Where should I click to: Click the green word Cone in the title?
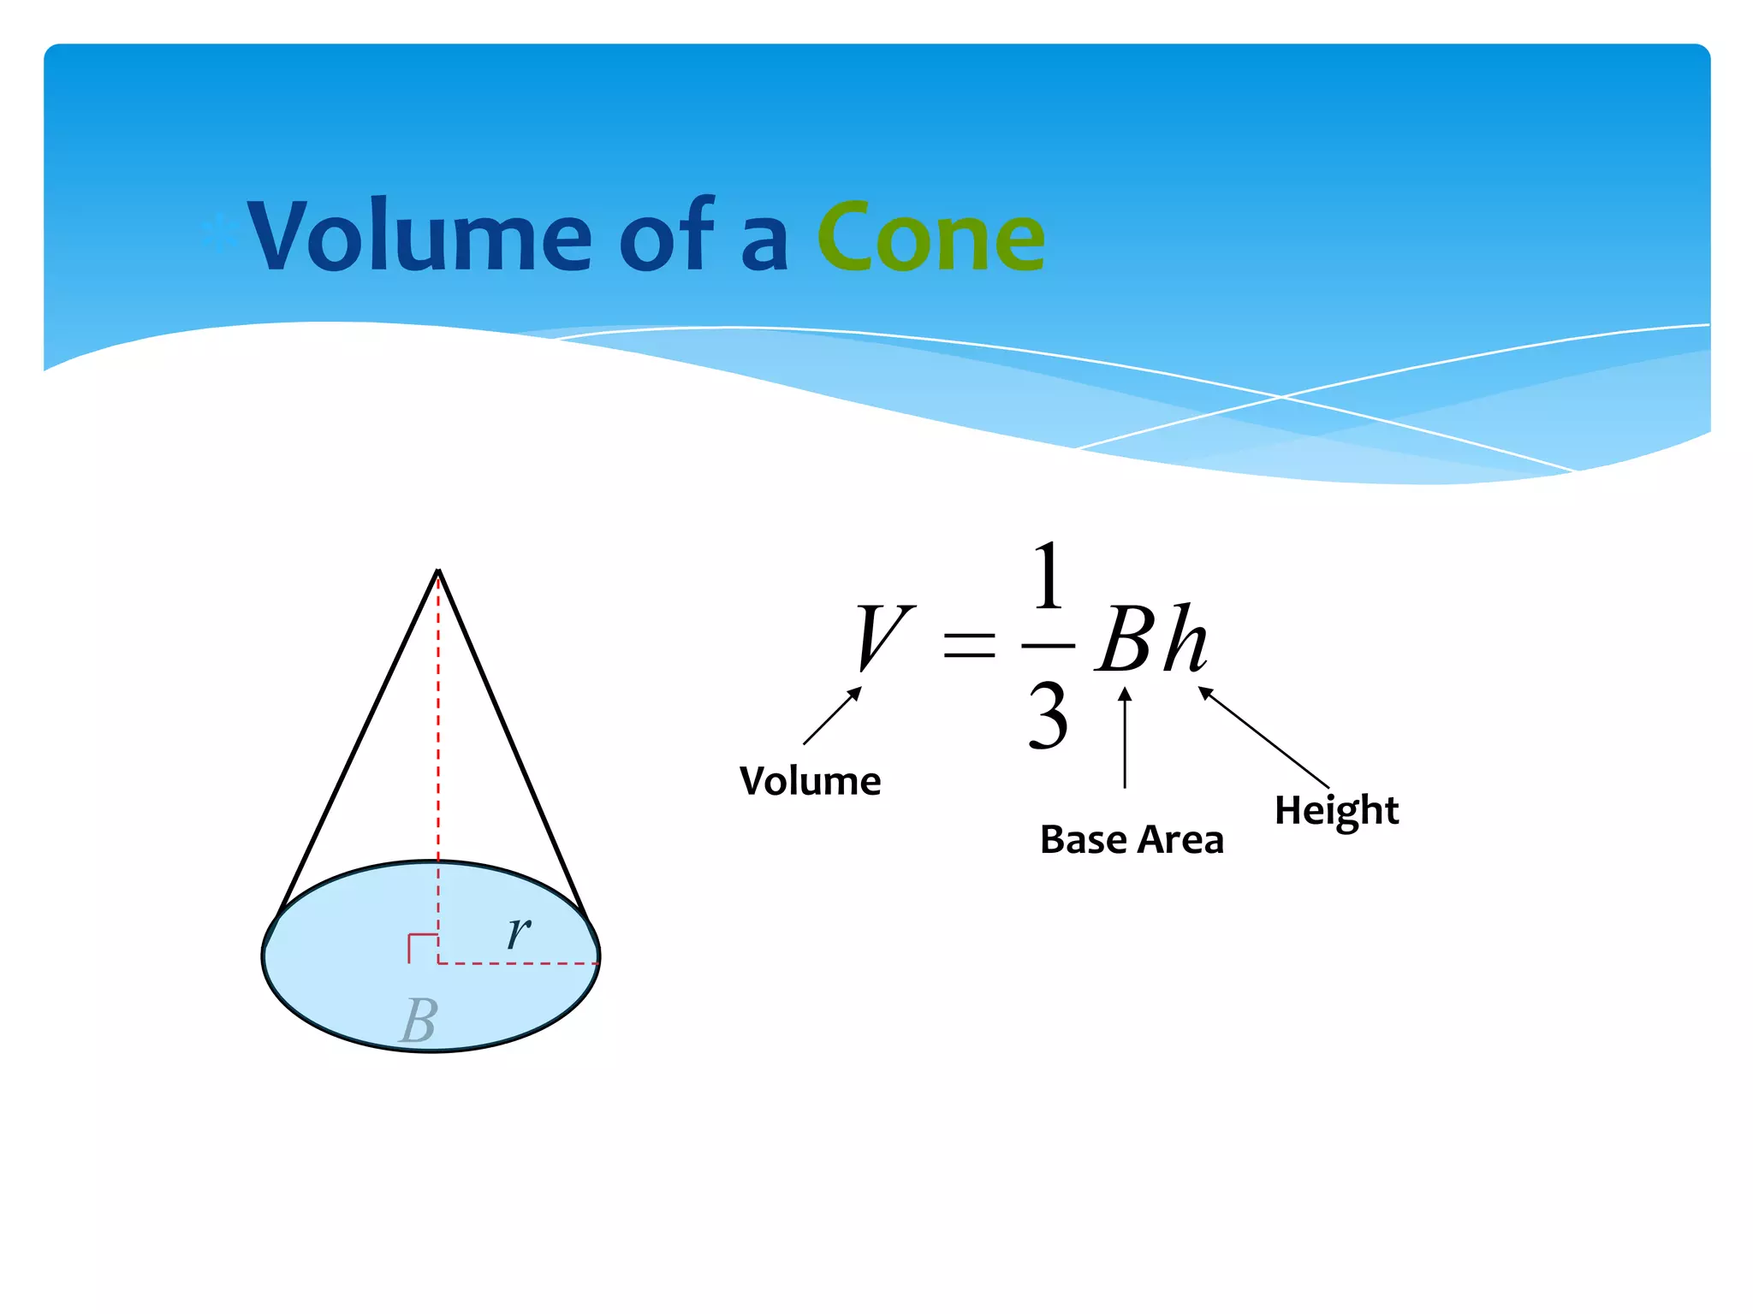pyautogui.click(x=930, y=237)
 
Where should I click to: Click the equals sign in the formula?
pyautogui.click(x=969, y=644)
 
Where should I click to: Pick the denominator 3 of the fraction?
pyautogui.click(x=1049, y=716)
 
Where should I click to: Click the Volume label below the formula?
pyautogui.click(x=810, y=781)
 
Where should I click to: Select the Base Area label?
pyautogui.click(x=1132, y=839)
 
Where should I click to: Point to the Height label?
pyautogui.click(x=1336, y=810)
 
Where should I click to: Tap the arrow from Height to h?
pyautogui.click(x=1263, y=737)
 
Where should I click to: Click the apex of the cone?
pyautogui.click(x=438, y=571)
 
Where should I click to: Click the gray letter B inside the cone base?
pyautogui.click(x=419, y=1021)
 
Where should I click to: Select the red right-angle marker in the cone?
pyautogui.click(x=421, y=948)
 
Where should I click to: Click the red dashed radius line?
pyautogui.click(x=518, y=964)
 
